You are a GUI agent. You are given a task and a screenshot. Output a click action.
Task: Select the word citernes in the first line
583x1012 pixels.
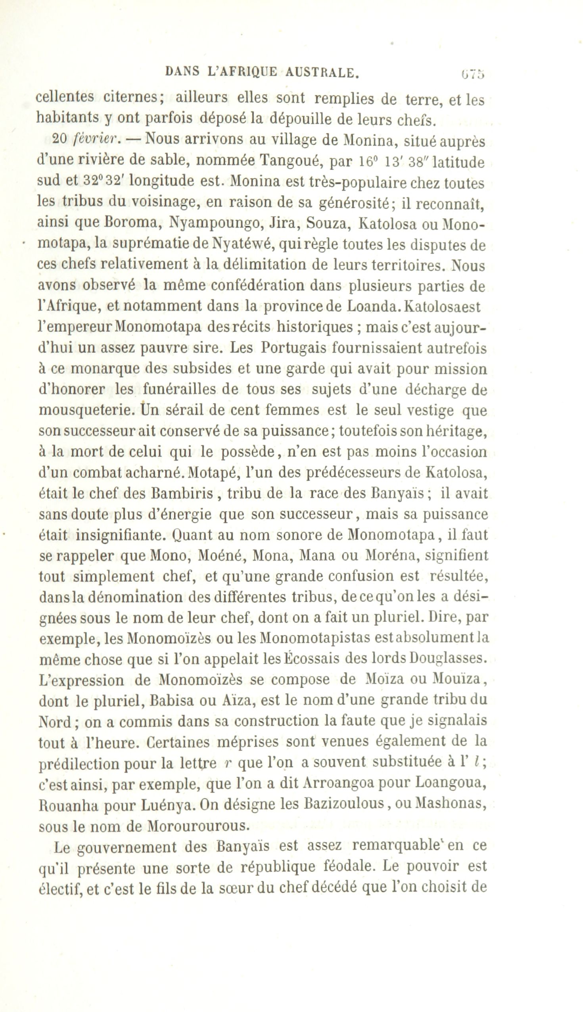pos(132,97)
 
